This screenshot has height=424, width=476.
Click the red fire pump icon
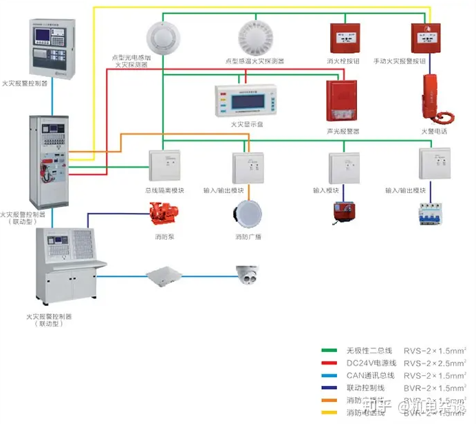[x=164, y=214]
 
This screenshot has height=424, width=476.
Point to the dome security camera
[x=248, y=274]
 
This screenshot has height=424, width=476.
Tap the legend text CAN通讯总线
[x=370, y=375]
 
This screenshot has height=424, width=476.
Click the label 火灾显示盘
[x=246, y=125]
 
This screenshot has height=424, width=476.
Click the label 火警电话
[x=434, y=130]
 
